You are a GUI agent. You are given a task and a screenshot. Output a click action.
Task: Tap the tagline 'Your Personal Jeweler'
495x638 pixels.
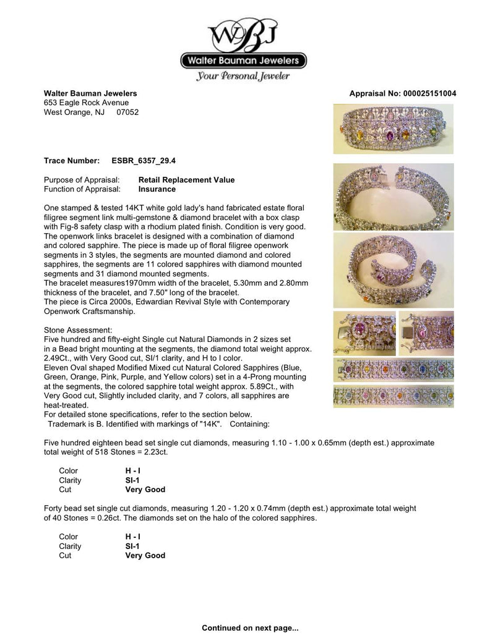click(243, 77)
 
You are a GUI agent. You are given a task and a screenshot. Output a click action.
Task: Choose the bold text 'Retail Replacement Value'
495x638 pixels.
click(186, 180)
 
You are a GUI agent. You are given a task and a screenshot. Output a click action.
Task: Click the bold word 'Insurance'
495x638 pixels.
click(157, 189)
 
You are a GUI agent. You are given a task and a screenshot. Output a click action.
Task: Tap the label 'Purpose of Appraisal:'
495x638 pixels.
click(82, 180)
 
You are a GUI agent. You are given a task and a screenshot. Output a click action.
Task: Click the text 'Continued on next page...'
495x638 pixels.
click(250, 628)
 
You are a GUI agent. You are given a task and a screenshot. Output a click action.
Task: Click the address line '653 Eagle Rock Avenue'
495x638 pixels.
click(86, 103)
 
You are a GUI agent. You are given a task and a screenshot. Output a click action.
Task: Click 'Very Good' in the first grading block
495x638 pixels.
click(145, 490)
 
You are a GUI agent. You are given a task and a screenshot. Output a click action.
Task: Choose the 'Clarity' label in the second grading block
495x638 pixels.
click(70, 547)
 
